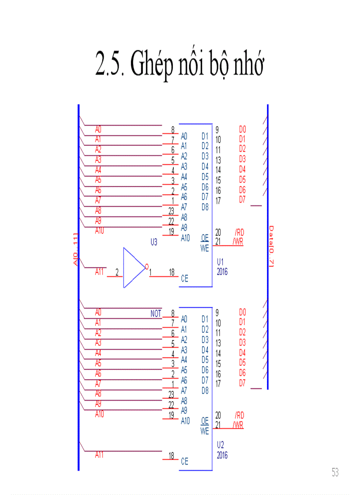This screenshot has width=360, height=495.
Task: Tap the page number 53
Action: click(335, 473)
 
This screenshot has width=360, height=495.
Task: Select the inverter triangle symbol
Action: click(133, 267)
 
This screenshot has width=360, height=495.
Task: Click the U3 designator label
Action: click(154, 242)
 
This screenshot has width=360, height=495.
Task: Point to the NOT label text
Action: click(156, 314)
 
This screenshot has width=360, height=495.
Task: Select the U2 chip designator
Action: click(221, 445)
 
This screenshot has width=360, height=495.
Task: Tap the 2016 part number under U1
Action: click(222, 272)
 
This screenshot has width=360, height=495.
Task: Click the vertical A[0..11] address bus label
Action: click(76, 249)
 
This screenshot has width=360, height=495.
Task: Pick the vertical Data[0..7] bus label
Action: click(272, 246)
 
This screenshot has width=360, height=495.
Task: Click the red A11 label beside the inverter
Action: click(99, 272)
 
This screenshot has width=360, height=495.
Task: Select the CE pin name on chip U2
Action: click(184, 462)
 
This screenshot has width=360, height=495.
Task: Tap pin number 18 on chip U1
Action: click(171, 272)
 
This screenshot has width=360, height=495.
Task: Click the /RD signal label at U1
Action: click(239, 232)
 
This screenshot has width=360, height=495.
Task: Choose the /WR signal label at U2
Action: click(238, 425)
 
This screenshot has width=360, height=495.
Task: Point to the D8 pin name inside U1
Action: click(205, 207)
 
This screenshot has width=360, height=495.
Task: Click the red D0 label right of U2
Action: click(242, 312)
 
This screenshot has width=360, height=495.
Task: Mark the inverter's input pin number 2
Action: click(117, 272)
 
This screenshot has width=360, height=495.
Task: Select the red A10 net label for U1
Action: click(99, 231)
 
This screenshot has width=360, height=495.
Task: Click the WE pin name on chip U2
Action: click(204, 432)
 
